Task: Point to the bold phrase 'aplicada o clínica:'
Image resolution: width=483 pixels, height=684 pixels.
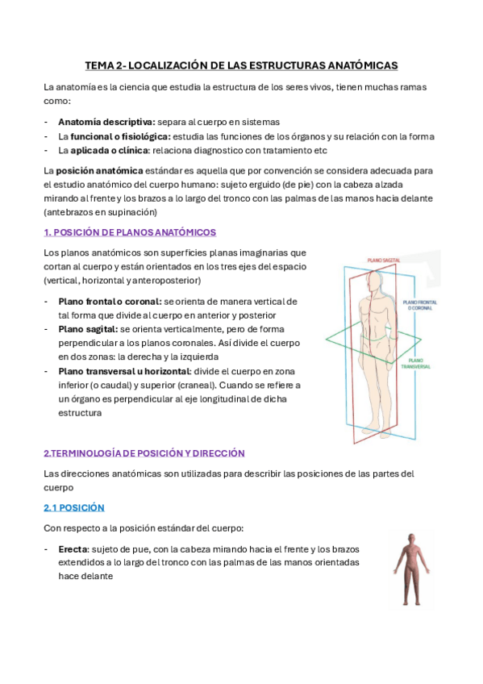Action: [x=102, y=150]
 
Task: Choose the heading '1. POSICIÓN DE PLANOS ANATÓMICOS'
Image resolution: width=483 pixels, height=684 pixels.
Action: [x=130, y=232]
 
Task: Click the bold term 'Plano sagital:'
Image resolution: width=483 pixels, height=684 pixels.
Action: [x=88, y=329]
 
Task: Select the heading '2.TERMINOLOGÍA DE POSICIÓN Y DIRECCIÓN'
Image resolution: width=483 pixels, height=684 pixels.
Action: [x=144, y=453]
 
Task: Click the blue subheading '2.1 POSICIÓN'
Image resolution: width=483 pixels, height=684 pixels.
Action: [x=74, y=508]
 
